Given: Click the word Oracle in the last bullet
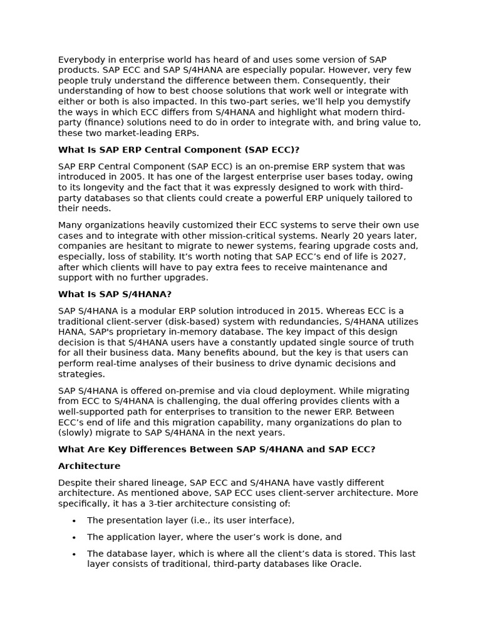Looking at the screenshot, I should pos(346,564).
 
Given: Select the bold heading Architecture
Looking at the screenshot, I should pos(89,466).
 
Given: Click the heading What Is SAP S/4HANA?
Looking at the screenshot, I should pos(115,294).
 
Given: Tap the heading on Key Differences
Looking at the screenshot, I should pos(216,450).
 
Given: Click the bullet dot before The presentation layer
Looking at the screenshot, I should pos(74,520).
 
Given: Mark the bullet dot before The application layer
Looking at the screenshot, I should pos(74,537).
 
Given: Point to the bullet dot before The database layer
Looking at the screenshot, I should pos(74,554).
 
